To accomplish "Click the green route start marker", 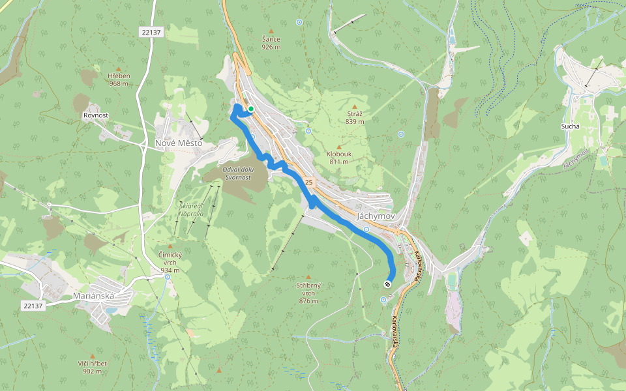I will [250, 109].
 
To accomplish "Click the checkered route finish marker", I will [388, 283].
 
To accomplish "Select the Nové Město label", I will [178, 143].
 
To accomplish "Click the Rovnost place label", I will [95, 115].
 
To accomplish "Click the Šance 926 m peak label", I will [271, 43].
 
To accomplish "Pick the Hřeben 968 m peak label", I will [119, 79].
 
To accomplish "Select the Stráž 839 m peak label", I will [355, 117].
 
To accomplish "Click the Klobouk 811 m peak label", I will [338, 157].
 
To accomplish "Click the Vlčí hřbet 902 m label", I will [92, 367].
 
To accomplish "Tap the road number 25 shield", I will [309, 182].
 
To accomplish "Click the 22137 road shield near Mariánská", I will [32, 304].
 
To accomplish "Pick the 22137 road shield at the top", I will [151, 32].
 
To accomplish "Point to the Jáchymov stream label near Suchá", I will [576, 158].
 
